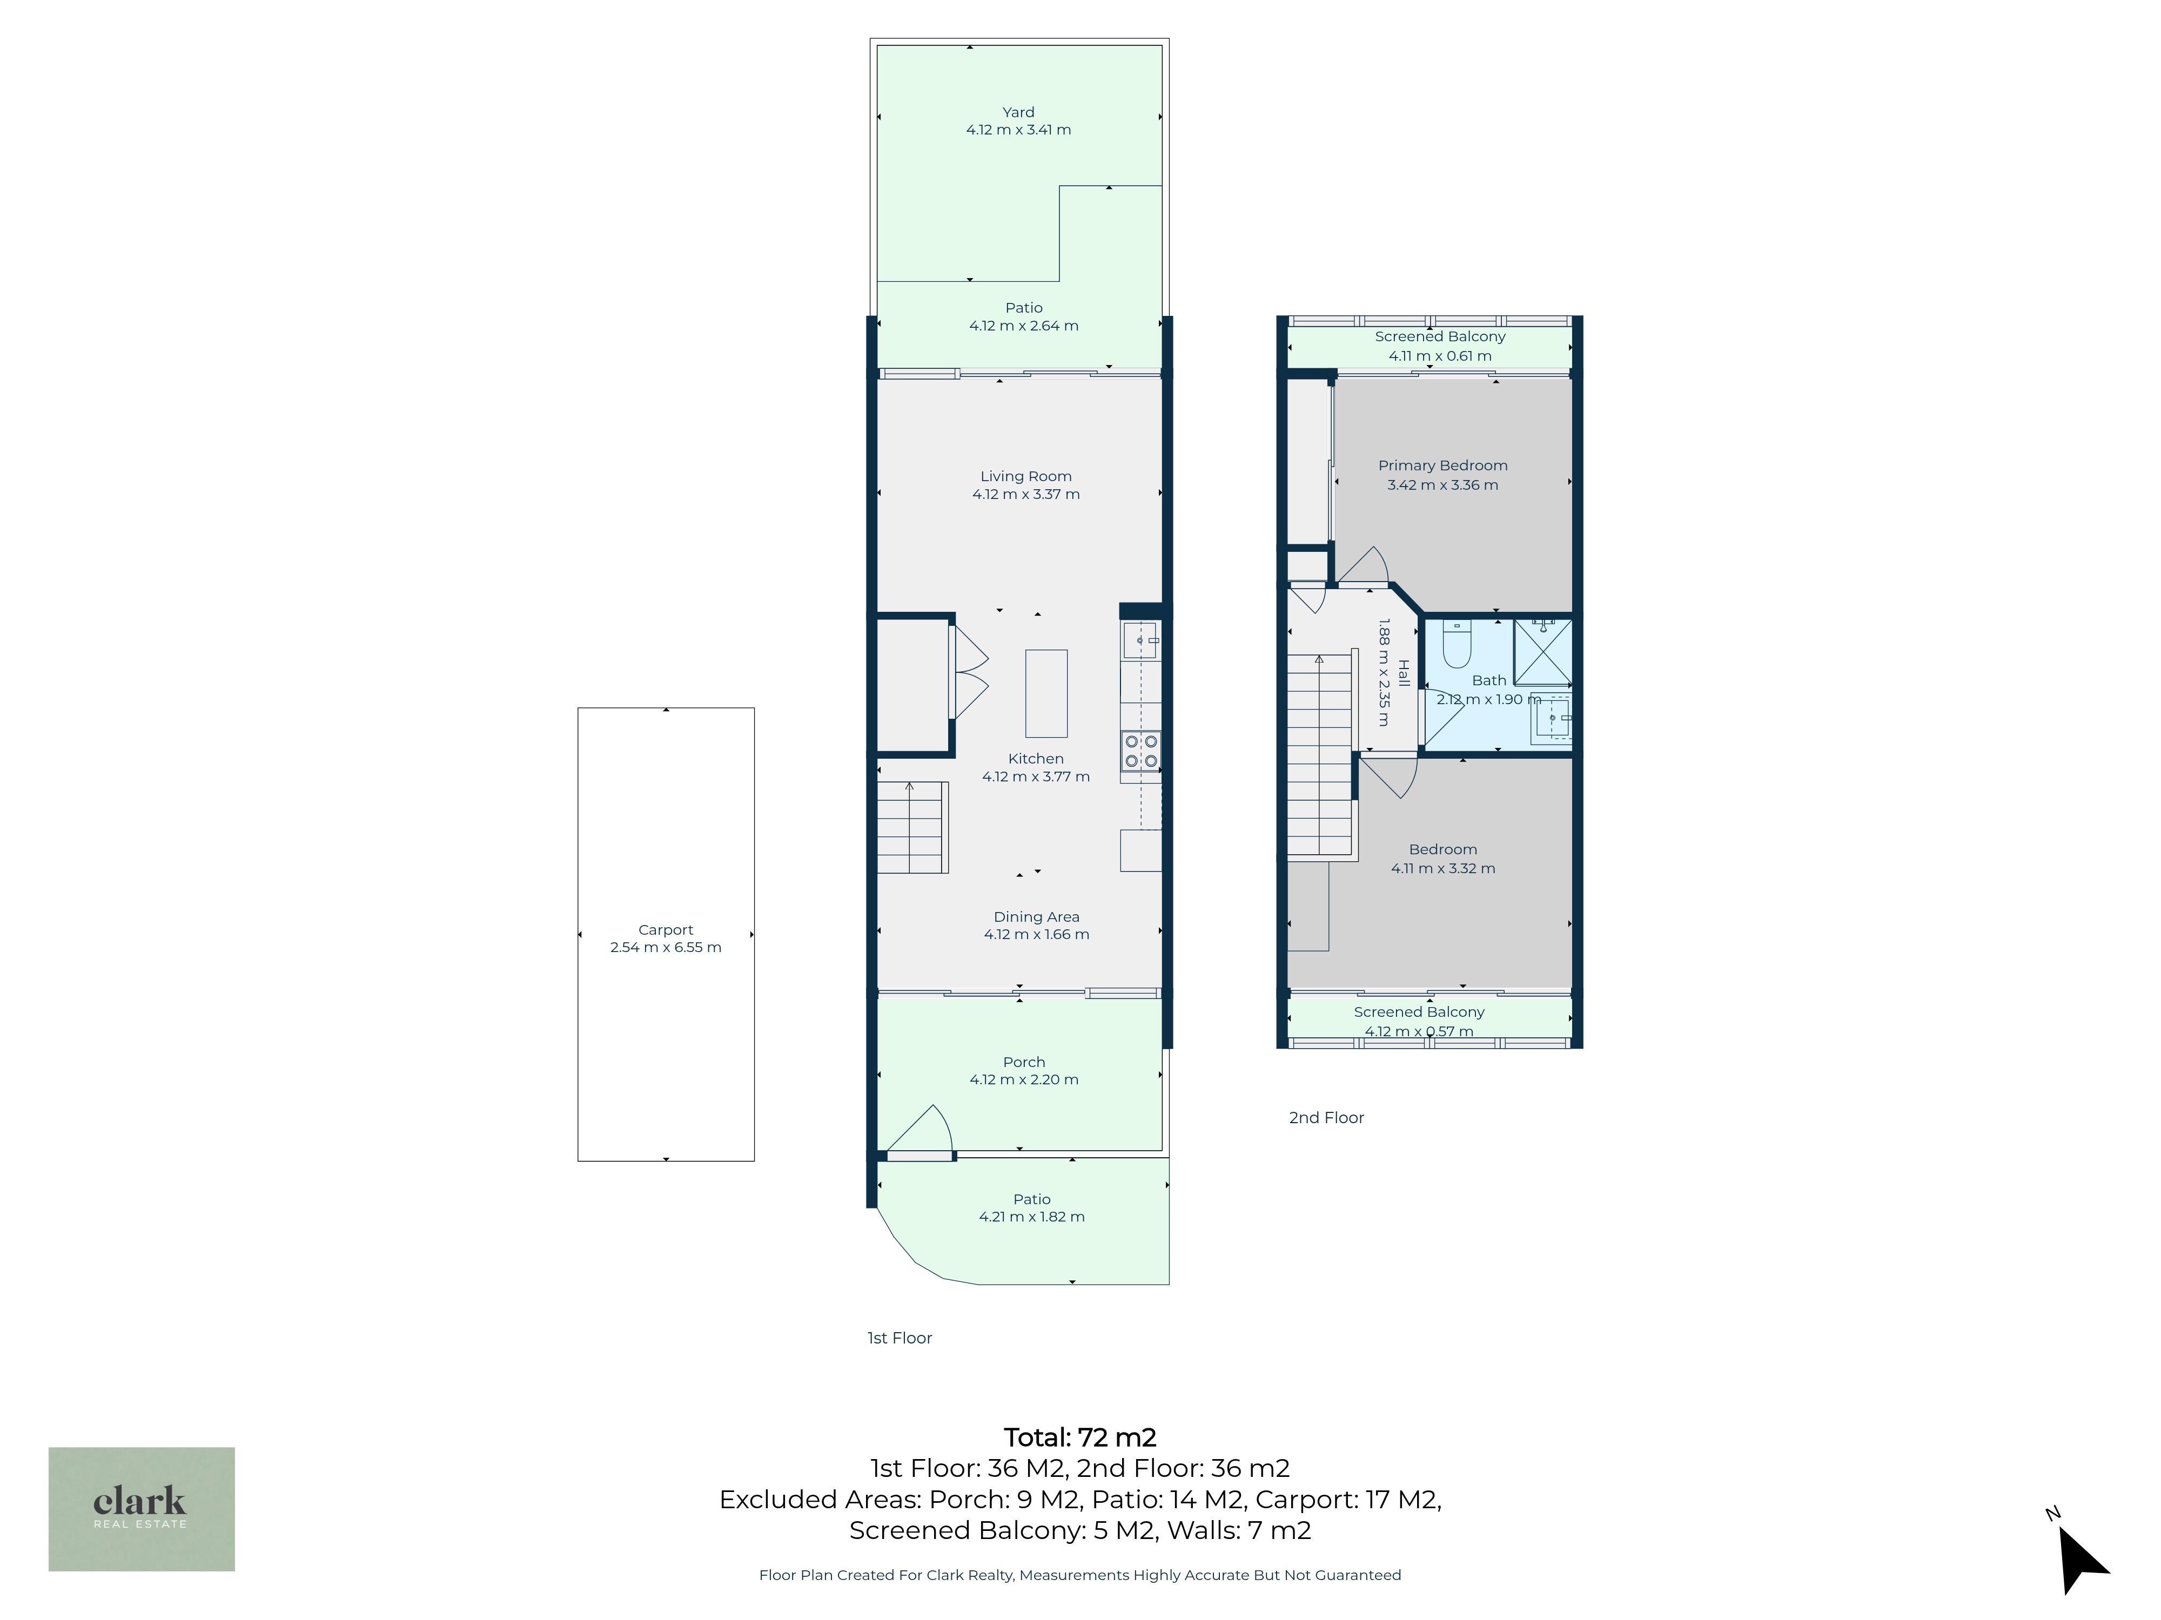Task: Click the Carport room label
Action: point(665,930)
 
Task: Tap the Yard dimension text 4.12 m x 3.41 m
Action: point(1018,130)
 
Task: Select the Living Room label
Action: point(1026,476)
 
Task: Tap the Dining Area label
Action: point(1037,917)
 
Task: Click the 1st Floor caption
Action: point(900,1338)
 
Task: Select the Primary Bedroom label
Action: point(1443,466)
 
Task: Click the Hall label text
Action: point(1404,673)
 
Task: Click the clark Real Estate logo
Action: point(142,1509)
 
